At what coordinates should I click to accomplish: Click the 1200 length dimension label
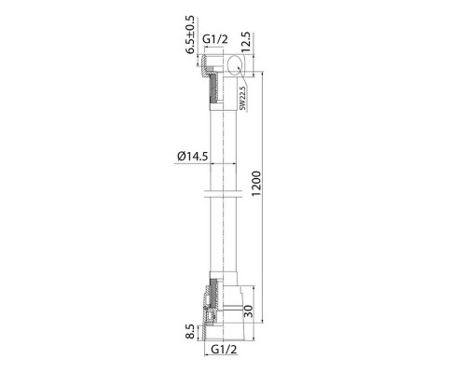click(256, 184)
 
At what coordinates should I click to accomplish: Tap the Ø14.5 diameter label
click(193, 156)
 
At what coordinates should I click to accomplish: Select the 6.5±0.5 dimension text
click(190, 35)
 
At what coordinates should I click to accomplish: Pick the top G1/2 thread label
click(215, 39)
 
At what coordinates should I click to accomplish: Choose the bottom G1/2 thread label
click(224, 350)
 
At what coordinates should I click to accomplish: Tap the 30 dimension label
click(249, 311)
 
